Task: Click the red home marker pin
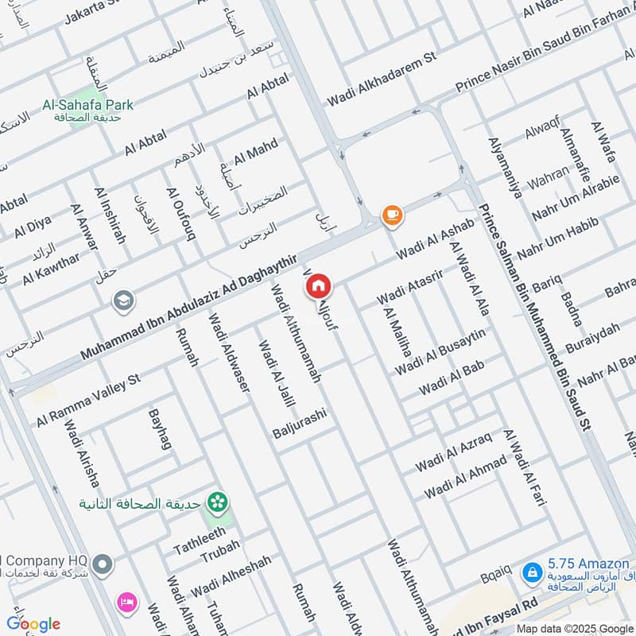click(x=319, y=285)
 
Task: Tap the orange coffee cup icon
click(x=391, y=214)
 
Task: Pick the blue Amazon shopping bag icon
click(x=531, y=572)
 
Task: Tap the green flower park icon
click(x=215, y=502)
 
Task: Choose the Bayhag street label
click(x=160, y=430)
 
